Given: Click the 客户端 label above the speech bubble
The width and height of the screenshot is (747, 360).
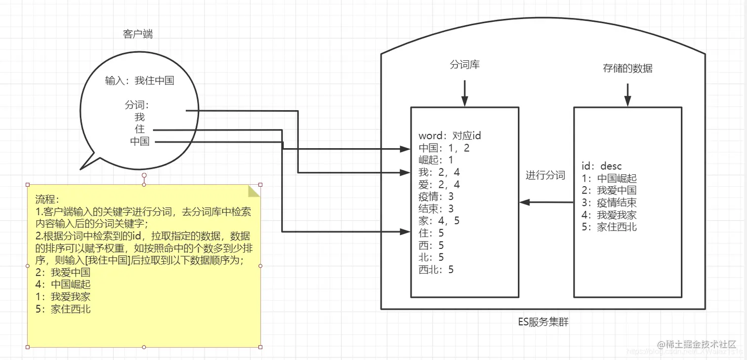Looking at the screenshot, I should pos(138,34).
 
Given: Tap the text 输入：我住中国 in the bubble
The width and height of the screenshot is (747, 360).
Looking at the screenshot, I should pos(140,80).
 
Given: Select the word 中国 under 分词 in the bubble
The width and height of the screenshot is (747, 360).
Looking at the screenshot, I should pos(140,142).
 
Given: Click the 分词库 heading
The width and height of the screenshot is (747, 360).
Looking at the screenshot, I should pos(464,65).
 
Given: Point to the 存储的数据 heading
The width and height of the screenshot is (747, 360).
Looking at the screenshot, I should pos(627,68).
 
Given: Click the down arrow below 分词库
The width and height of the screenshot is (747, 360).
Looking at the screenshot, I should pos(464,94).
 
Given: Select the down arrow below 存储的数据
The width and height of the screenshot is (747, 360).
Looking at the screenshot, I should pos(627,95).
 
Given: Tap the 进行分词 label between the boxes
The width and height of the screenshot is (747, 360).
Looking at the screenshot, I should pos(545,175).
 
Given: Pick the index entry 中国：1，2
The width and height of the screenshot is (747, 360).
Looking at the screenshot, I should pos(444,148).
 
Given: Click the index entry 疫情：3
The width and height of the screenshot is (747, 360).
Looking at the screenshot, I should pos(436,197).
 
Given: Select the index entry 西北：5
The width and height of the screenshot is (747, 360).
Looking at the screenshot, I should pos(436,270).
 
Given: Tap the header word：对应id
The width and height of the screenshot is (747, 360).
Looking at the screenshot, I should pos(450,135).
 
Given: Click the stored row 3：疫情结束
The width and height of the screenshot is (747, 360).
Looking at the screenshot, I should pos(609,203).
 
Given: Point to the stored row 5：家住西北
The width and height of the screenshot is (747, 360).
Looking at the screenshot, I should pos(609,227).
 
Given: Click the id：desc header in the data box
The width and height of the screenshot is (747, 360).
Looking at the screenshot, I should pos(601,166).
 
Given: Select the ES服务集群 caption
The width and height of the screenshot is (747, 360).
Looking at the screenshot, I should pos(543,322).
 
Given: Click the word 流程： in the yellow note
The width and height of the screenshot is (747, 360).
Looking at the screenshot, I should pos(47,200).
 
